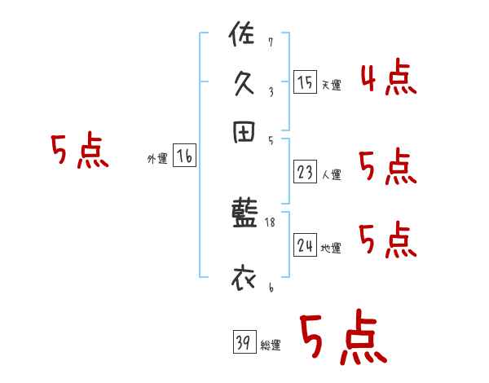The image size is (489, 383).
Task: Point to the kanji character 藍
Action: click(x=244, y=213)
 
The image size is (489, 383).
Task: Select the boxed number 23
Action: click(x=305, y=172)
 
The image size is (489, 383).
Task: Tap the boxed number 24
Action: click(x=305, y=245)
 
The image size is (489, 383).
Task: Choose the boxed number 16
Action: click(x=184, y=157)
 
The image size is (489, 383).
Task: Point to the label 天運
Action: click(x=331, y=85)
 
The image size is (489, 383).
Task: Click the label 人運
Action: click(x=331, y=174)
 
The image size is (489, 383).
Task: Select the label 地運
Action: click(x=331, y=248)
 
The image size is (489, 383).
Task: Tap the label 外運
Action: click(x=157, y=160)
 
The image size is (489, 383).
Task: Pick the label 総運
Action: click(x=271, y=346)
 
